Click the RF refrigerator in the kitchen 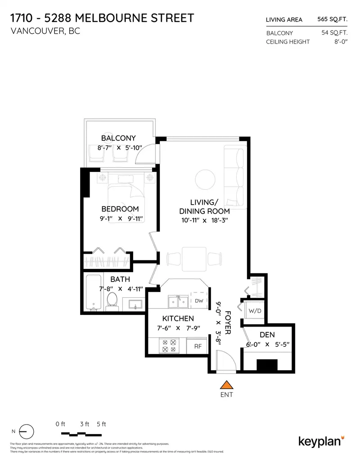(198, 346)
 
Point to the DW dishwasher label (199, 300)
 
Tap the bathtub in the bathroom (93, 292)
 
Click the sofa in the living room (234, 177)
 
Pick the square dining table (194, 259)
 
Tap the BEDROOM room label (120, 209)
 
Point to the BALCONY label (118, 138)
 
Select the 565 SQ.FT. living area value (332, 19)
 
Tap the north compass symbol (27, 431)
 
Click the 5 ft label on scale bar (101, 424)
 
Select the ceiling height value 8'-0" (339, 42)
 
